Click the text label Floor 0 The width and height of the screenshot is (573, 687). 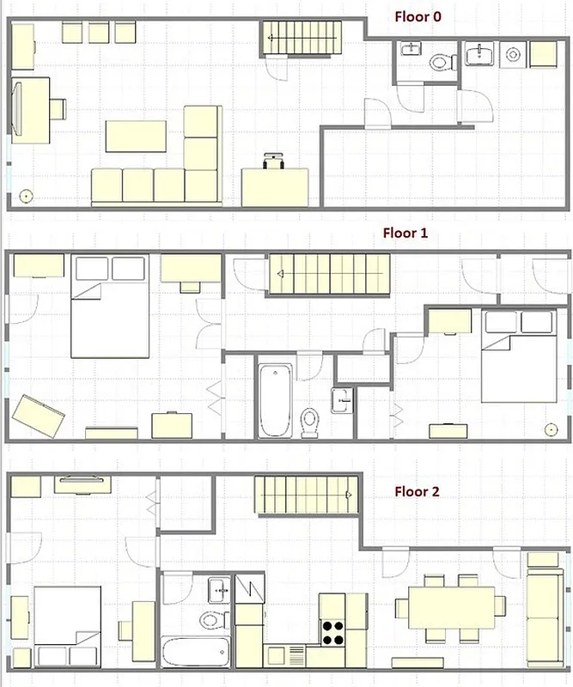point(418,15)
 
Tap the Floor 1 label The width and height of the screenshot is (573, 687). point(405,233)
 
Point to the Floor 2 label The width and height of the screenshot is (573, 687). point(417,492)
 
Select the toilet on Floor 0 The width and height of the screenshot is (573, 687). point(442,62)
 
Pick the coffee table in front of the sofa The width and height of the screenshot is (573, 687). point(136,136)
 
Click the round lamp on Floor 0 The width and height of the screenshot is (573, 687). point(26,196)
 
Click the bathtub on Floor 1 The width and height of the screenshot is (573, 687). point(275,399)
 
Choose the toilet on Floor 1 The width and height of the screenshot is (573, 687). point(310,422)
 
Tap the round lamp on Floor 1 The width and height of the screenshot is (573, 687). point(551,429)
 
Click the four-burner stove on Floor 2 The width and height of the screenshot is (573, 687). point(333,631)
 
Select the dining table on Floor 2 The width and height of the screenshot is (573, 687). point(451,607)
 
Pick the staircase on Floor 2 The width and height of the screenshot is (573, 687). point(305,495)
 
